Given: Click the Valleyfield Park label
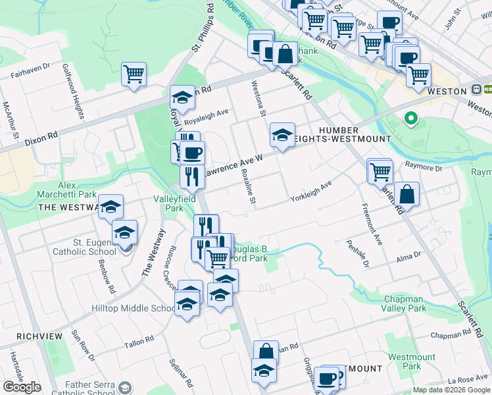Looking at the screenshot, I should tap(168, 203).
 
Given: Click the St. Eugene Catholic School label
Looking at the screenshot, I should tap(86, 246).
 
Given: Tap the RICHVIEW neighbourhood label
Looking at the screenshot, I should tap(32, 336).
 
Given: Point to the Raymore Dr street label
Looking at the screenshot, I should tap(424, 167).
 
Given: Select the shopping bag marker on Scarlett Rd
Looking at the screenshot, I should tap(407, 194).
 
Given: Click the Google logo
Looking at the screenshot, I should tap(22, 387).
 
